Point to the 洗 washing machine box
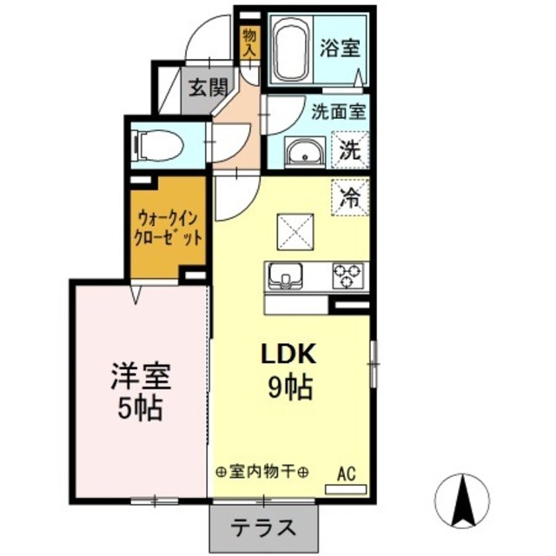350,149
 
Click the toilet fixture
157,144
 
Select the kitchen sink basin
284,277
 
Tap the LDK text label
290,354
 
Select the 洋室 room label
139,376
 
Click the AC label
346,475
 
